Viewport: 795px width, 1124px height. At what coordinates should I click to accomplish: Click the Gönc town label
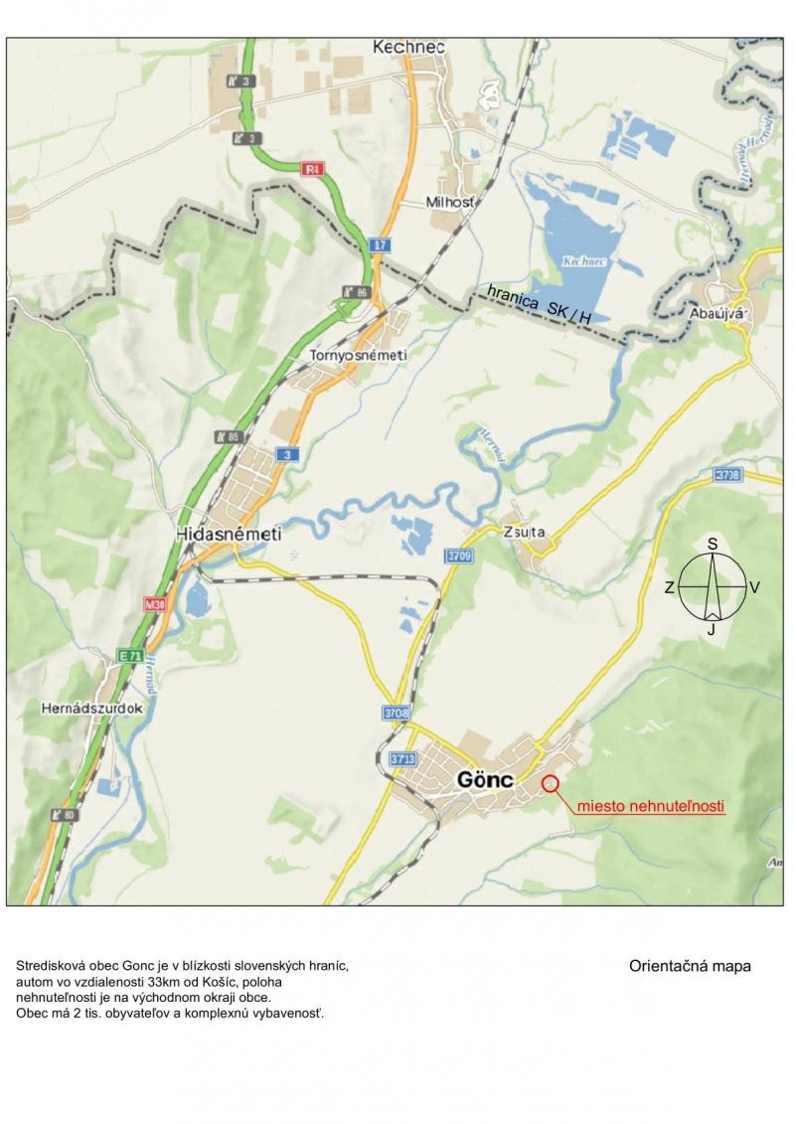click(x=485, y=780)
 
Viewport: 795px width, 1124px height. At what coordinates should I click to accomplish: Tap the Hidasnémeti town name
click(x=229, y=534)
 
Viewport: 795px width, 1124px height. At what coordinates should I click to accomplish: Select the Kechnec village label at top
click(x=408, y=47)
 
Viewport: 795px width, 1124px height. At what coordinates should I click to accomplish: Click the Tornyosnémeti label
click(x=359, y=354)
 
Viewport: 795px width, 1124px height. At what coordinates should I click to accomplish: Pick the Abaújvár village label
click(x=716, y=313)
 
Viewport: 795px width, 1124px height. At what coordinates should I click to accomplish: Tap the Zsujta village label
click(x=525, y=532)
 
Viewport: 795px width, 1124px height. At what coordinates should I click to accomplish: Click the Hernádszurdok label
click(x=92, y=709)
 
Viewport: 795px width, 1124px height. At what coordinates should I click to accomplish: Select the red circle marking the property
click(x=552, y=783)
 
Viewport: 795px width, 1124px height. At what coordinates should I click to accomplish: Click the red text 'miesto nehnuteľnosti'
click(x=651, y=806)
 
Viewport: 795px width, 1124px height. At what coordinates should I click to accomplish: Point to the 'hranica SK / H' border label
click(x=540, y=301)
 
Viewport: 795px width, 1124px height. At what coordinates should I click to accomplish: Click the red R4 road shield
click(x=314, y=170)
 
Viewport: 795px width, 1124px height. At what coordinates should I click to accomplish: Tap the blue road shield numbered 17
click(x=379, y=244)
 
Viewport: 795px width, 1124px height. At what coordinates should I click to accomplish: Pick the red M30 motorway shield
click(x=154, y=604)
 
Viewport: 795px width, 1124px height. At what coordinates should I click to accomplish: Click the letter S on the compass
click(x=713, y=544)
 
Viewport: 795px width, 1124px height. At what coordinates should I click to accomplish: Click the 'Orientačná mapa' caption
click(x=690, y=965)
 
